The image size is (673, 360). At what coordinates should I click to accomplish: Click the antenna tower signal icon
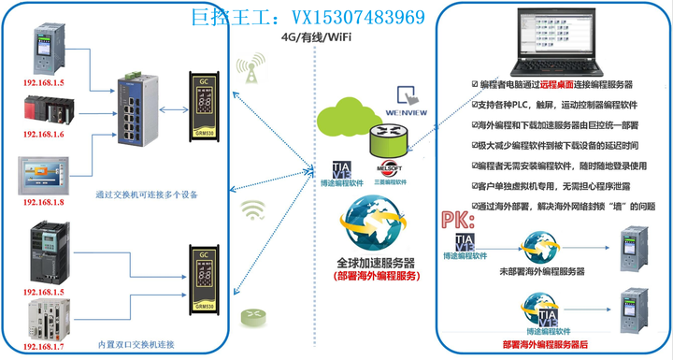(249, 71)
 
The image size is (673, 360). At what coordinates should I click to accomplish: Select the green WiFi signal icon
(251, 209)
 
